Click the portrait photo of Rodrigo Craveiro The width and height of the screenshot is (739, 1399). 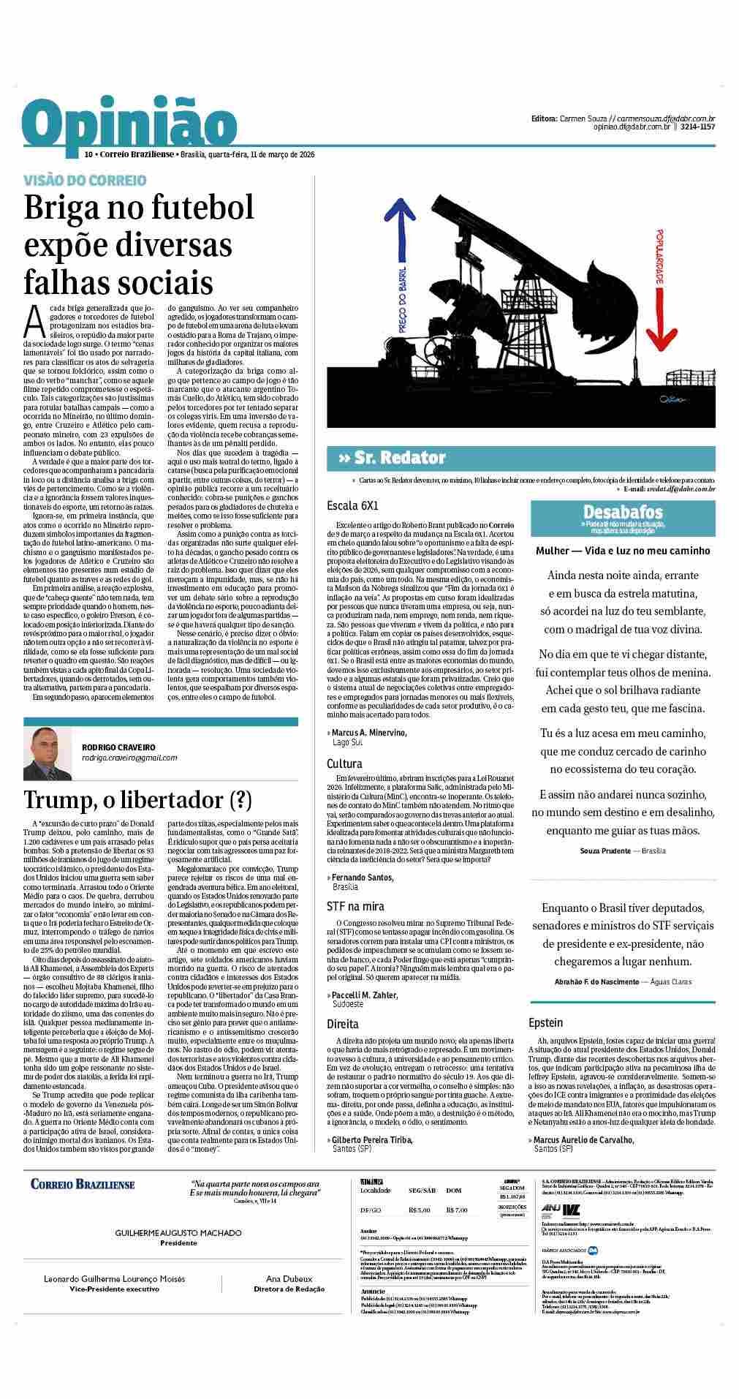48,753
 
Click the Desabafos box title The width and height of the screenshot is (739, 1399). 623,512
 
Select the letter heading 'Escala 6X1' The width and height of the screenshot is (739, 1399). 352,505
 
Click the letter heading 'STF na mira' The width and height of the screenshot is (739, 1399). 355,906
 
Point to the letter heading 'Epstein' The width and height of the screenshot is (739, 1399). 545,1022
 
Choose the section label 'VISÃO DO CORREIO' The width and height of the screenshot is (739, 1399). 85,180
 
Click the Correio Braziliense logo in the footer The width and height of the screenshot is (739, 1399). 83,1184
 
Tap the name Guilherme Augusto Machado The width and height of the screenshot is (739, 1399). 178,1233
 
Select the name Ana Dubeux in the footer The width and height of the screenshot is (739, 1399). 289,1279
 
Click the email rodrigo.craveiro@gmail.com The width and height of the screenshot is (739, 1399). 129,758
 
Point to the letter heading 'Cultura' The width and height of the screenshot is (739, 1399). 344,764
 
